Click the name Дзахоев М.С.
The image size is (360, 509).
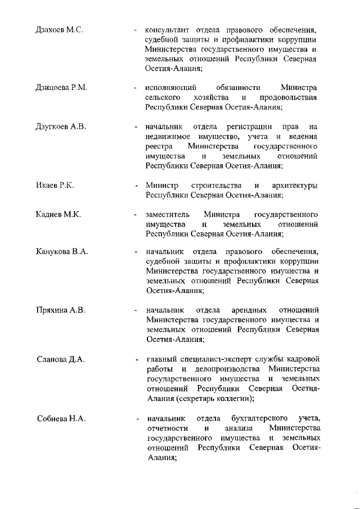(60, 29)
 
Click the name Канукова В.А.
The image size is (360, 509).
(62, 251)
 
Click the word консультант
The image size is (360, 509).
(166, 29)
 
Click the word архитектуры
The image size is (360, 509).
(295, 186)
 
